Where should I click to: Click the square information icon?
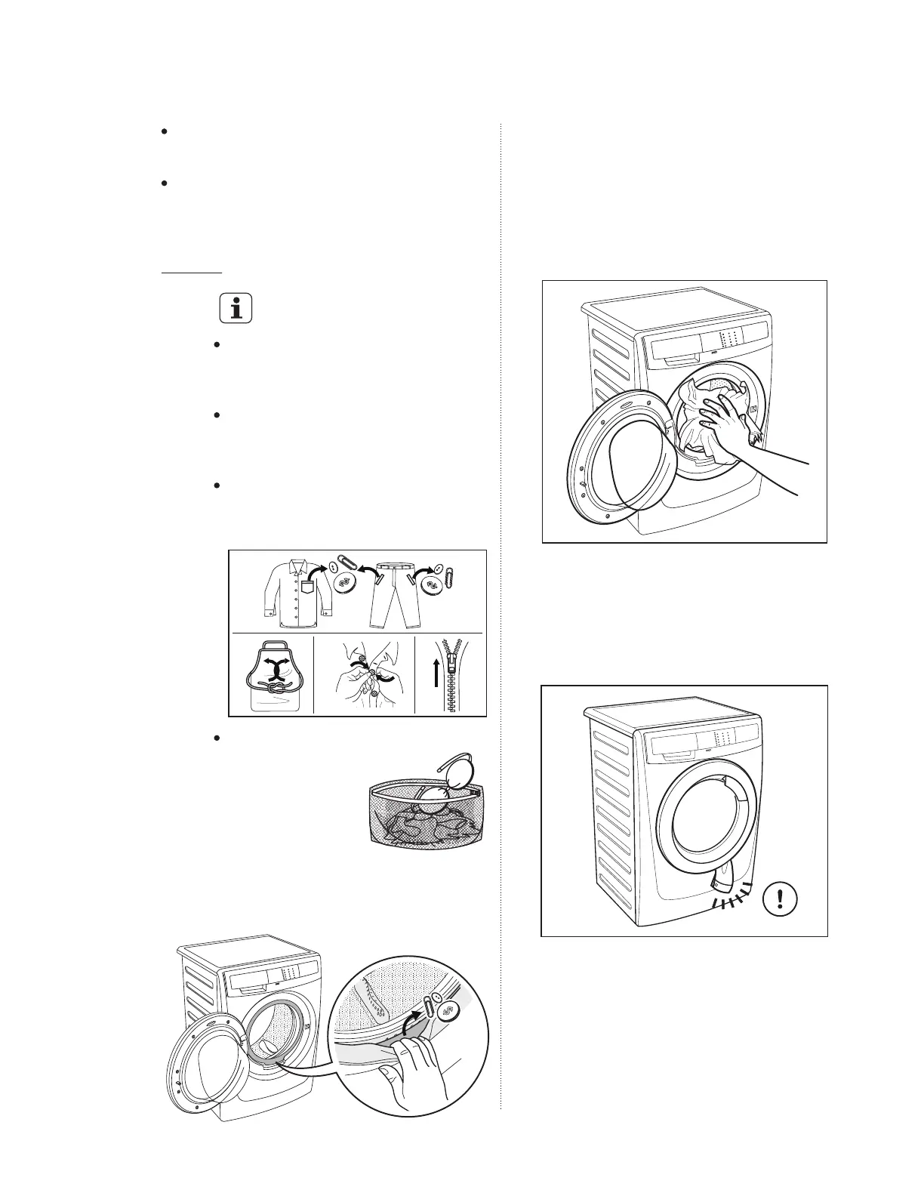pyautogui.click(x=236, y=308)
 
